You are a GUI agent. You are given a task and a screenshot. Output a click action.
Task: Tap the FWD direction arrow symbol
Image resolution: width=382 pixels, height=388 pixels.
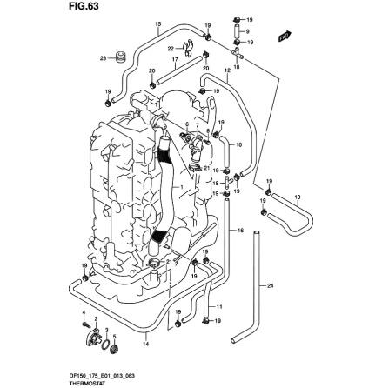(284, 36)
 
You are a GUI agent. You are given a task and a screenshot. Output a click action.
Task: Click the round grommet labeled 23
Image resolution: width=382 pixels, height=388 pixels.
(120, 58)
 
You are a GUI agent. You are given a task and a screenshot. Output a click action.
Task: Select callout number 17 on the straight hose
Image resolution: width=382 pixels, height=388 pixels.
(175, 61)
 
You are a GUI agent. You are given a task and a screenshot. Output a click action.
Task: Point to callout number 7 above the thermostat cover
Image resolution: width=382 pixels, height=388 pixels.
(186, 123)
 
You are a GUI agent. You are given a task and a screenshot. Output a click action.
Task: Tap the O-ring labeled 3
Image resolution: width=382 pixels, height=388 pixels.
(107, 350)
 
